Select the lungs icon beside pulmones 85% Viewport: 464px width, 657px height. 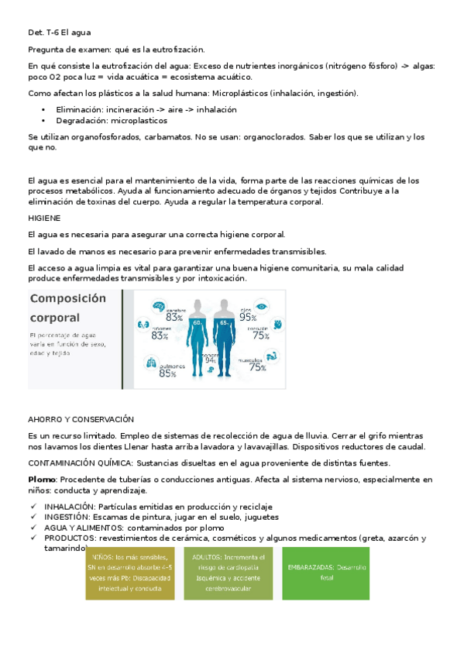point(150,364)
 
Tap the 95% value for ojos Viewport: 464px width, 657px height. point(248,316)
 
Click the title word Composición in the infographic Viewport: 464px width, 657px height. point(67,298)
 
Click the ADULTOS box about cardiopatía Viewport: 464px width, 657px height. point(229,572)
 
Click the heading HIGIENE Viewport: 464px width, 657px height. point(43,218)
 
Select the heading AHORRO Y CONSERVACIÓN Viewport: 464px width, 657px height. point(81,418)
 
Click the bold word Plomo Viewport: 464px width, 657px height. point(40,480)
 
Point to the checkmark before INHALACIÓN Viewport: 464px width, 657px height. point(33,506)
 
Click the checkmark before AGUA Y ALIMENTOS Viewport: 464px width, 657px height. point(33,527)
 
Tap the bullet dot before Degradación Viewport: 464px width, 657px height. point(44,121)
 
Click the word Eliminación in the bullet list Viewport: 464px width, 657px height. point(80,110)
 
